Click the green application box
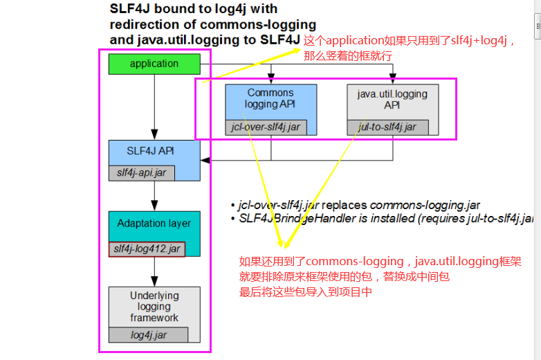coord(154,64)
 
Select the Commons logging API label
coord(270,98)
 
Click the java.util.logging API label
coord(392,99)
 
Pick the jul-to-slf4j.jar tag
coord(387,127)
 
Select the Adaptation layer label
coord(154,224)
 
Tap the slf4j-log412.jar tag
coord(146,249)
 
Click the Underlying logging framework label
coord(154,307)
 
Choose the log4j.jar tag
coord(149,335)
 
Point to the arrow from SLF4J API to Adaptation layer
coord(154,197)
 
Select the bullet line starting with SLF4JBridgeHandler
coord(385,219)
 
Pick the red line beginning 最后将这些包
coord(306,292)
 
